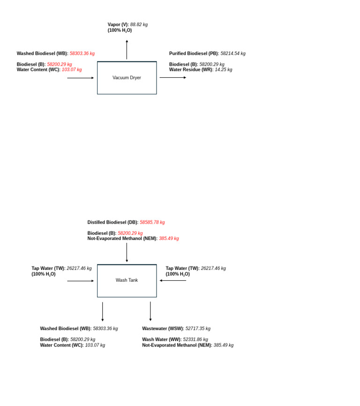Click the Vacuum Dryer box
[x=127, y=78]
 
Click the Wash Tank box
[x=127, y=280]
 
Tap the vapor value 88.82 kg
[x=139, y=24]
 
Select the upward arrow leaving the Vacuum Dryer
[x=127, y=50]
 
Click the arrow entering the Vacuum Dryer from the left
[x=80, y=78]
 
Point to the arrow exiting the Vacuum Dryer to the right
[x=172, y=78]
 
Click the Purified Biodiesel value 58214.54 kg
[x=233, y=53]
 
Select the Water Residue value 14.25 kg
[x=223, y=70]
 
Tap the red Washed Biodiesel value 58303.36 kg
[x=82, y=53]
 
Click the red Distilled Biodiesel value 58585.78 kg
[x=152, y=222]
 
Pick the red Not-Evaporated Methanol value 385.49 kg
[x=169, y=239]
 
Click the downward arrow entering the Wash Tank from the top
[x=127, y=252]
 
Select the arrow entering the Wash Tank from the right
[x=172, y=280]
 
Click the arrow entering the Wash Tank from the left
[x=80, y=281]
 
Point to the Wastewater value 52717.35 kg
[x=198, y=329]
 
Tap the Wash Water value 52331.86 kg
[x=195, y=339]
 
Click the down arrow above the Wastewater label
[x=150, y=311]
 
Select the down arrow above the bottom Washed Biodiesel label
[x=103, y=311]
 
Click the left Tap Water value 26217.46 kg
[x=79, y=268]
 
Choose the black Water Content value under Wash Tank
[x=95, y=345]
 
